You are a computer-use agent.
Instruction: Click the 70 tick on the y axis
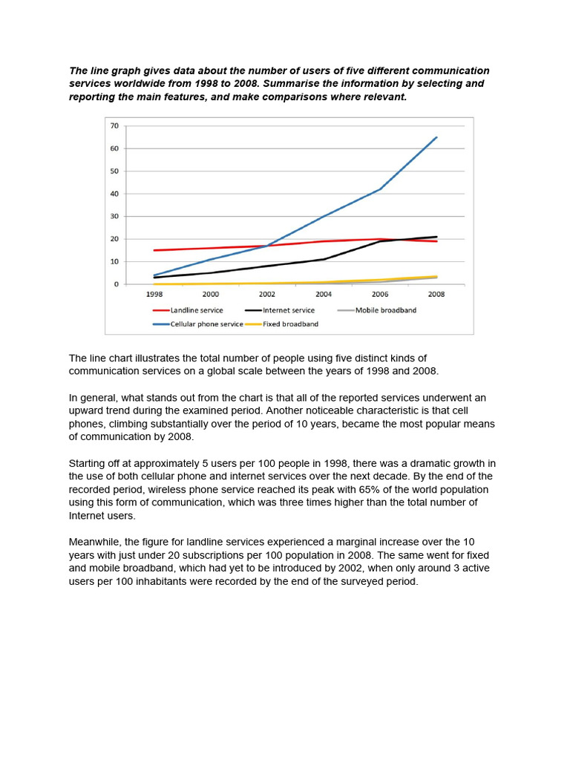click(x=114, y=125)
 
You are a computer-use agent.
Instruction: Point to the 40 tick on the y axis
click(x=114, y=194)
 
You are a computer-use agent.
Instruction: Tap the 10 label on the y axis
click(x=114, y=262)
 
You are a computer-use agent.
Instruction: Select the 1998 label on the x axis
click(x=154, y=294)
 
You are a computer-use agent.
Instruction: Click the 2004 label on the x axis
click(x=324, y=294)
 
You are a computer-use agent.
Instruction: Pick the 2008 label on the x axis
click(x=436, y=294)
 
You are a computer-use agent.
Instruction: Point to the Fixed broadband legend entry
click(x=290, y=324)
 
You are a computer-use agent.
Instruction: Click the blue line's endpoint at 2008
click(x=436, y=137)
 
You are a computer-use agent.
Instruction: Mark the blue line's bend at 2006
click(x=380, y=189)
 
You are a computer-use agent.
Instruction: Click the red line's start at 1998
click(x=154, y=250)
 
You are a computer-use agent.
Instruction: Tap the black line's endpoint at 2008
click(x=436, y=237)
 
